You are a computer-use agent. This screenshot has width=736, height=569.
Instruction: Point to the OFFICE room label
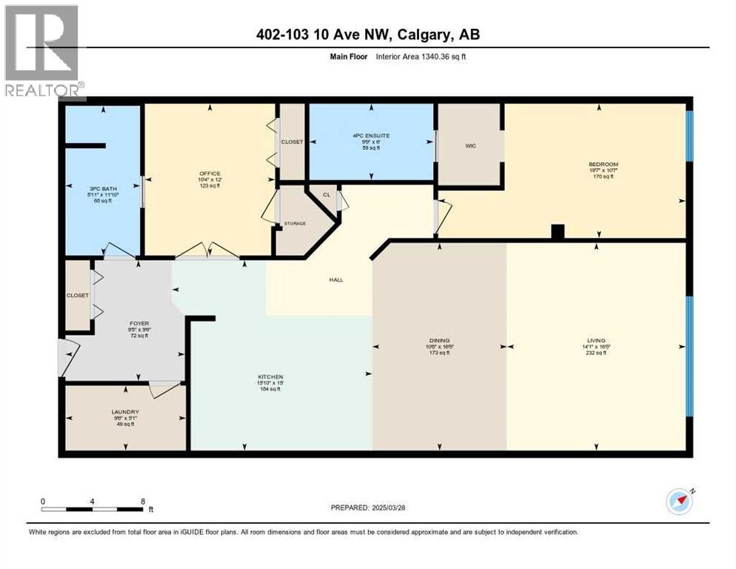pos(210,174)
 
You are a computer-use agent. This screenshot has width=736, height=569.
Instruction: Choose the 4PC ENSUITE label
pos(371,136)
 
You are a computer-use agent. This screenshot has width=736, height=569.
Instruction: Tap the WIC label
pos(470,146)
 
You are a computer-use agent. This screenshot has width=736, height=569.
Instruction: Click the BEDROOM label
pos(603,164)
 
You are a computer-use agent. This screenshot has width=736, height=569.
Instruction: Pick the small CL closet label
pos(326,195)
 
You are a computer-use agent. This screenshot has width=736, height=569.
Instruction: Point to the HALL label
pos(337,279)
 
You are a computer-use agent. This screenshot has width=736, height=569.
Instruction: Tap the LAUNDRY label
pos(125,412)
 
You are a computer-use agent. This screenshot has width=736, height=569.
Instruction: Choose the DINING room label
pos(438,341)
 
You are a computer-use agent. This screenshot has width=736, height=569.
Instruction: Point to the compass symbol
pos(679,502)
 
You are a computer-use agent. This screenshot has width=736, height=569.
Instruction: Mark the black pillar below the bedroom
pos(558,232)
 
